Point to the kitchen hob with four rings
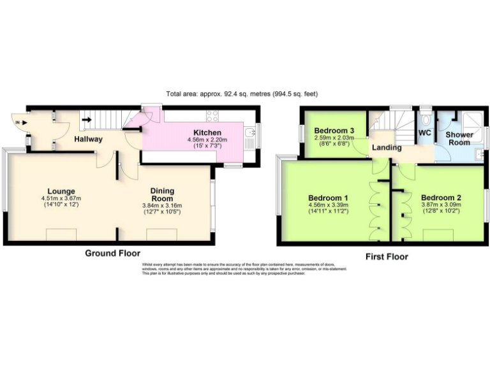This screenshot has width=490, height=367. (212, 116)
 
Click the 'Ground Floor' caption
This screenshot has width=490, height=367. (112, 254)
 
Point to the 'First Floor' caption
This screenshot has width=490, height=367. (387, 257)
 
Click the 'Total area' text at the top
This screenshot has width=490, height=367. (242, 94)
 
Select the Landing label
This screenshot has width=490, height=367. (387, 147)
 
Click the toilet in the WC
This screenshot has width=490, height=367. (426, 119)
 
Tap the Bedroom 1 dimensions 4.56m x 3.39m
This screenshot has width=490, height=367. (329, 205)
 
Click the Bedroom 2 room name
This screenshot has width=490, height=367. (441, 198)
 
